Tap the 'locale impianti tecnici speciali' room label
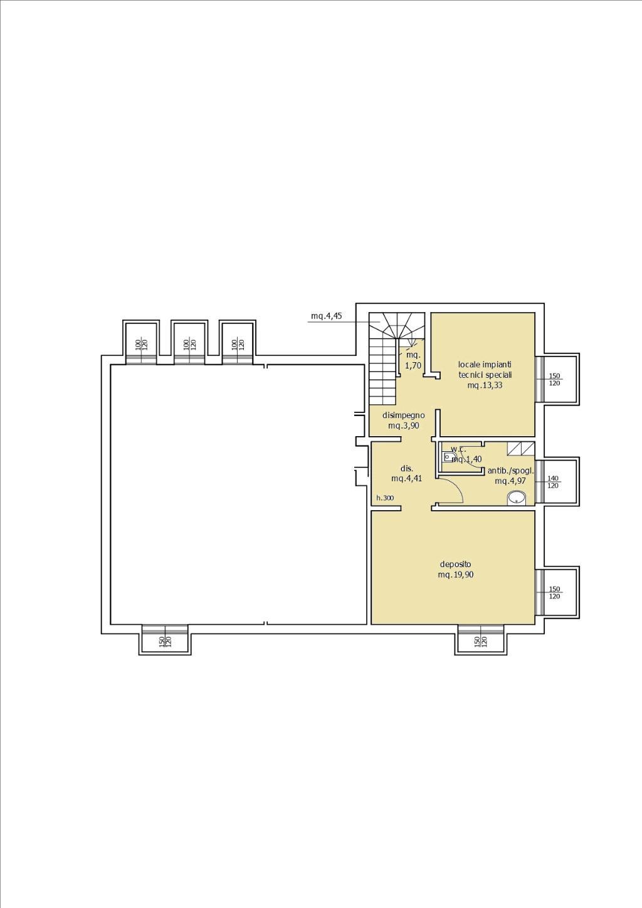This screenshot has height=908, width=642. click(485, 369)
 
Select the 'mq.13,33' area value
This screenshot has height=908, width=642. click(485, 385)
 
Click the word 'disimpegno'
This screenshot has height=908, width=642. click(404, 415)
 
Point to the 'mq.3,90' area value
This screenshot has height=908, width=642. click(404, 425)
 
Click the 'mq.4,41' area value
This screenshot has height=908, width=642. click(407, 478)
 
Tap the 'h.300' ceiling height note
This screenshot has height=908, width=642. click(385, 498)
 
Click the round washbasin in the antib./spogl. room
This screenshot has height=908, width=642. click(517, 498)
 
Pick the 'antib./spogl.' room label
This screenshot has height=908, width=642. click(510, 471)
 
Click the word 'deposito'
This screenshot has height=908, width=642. click(455, 564)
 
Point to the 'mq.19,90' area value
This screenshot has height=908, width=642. click(455, 575)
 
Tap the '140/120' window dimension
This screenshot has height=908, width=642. click(553, 482)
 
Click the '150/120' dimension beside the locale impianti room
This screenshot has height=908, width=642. click(554, 380)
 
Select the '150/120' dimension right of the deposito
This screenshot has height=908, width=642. click(554, 593)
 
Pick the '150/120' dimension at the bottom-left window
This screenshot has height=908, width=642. click(165, 641)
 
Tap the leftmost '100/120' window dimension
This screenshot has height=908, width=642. click(141, 345)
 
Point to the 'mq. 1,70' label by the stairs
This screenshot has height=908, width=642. click(413, 360)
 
